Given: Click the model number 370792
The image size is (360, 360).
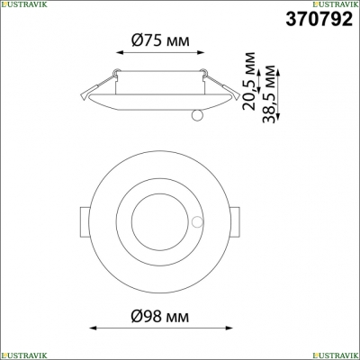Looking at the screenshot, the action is (319, 19).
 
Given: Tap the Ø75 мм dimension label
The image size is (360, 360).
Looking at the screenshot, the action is (160, 40).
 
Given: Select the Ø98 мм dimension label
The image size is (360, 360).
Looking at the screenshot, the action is (160, 316).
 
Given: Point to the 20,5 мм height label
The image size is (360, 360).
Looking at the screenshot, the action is (248, 81).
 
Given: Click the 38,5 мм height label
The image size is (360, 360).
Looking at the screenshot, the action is (268, 94).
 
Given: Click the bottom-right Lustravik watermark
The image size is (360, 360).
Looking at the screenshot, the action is (336, 355).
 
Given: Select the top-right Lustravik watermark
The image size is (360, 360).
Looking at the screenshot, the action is (336, 4).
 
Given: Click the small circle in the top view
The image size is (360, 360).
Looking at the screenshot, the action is (197, 222).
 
